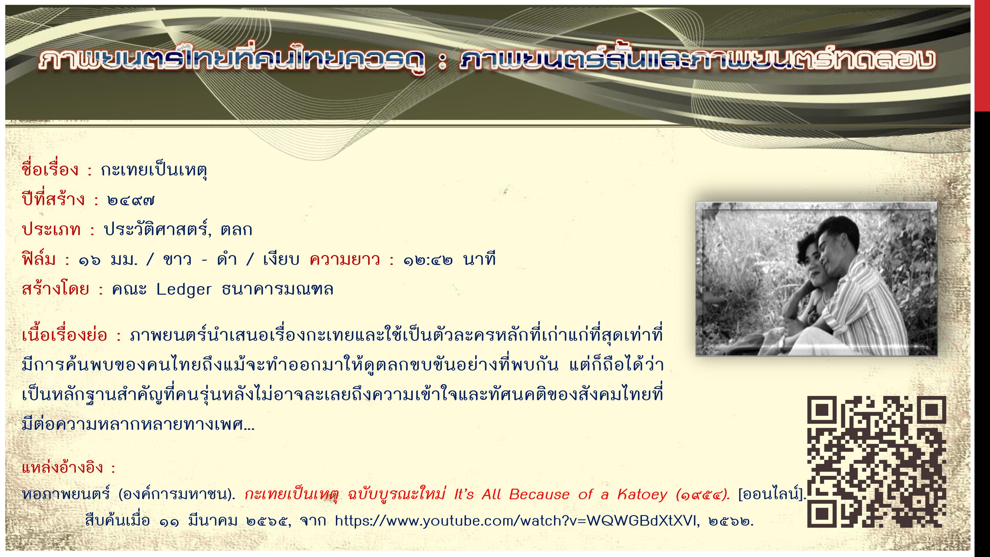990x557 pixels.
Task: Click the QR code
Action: click(x=876, y=461)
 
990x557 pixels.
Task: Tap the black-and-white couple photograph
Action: click(x=816, y=279)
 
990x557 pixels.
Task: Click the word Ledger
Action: click(x=184, y=289)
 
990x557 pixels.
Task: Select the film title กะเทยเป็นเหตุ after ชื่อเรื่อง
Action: click(x=154, y=170)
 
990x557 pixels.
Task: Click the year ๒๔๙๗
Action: click(x=131, y=200)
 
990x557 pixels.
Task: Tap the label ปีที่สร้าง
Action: click(x=53, y=199)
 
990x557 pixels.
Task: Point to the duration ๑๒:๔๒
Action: click(x=428, y=260)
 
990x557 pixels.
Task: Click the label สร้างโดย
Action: click(x=55, y=289)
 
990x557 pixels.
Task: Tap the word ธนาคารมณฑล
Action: click(x=278, y=289)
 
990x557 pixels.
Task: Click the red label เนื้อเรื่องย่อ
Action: click(x=65, y=336)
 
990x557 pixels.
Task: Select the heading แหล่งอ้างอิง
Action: click(x=63, y=468)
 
